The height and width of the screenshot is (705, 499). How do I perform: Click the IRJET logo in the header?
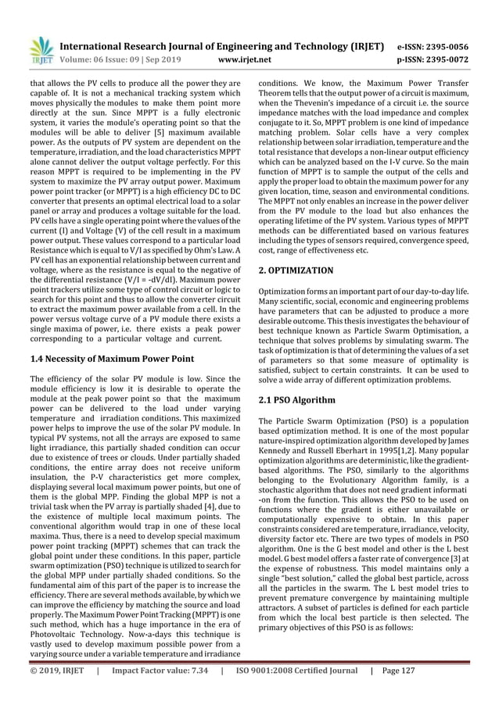click(41, 48)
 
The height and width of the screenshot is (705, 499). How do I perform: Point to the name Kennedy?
click(278, 463)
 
